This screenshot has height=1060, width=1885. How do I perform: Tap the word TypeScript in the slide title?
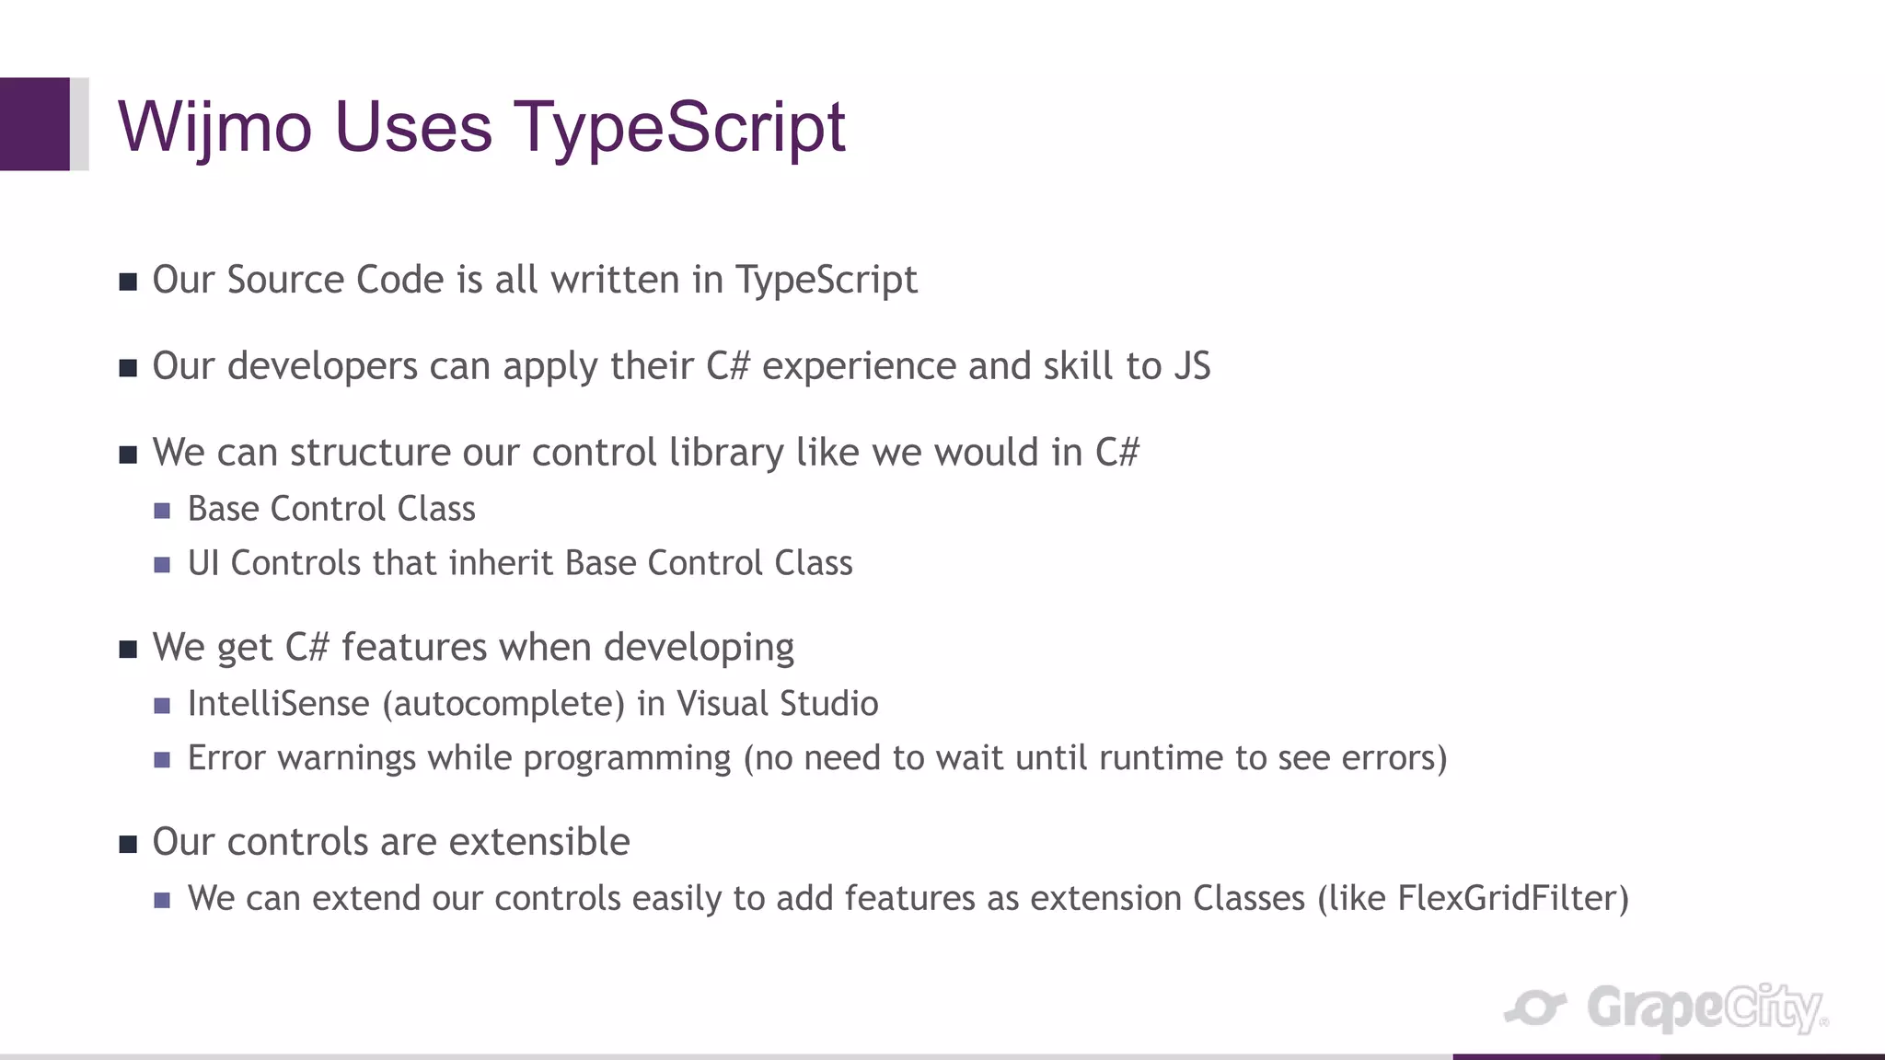678,127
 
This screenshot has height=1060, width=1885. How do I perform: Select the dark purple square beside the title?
35,124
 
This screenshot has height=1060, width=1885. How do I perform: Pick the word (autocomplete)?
503,704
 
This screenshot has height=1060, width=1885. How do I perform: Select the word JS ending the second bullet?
1192,366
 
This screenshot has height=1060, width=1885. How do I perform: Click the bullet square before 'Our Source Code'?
128,282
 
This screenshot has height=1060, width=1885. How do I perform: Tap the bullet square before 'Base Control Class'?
162,511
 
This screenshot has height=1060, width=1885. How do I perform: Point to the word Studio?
828,704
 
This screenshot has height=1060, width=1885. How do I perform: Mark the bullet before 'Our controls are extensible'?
128,844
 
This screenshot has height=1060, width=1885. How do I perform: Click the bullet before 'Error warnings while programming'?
162,760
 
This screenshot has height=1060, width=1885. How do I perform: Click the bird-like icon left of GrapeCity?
1535,1008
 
